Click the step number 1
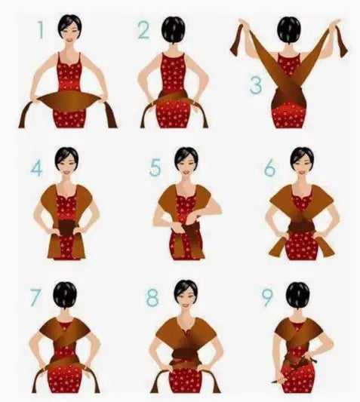point(41,29)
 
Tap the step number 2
point(143,30)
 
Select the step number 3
point(256,85)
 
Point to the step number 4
point(37,167)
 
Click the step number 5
point(155,167)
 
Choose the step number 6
point(270,168)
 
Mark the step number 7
point(35,297)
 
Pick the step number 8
point(152,297)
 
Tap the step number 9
point(268,298)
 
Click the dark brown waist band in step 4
point(67,228)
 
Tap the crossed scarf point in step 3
point(289,88)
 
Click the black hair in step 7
point(65,296)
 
